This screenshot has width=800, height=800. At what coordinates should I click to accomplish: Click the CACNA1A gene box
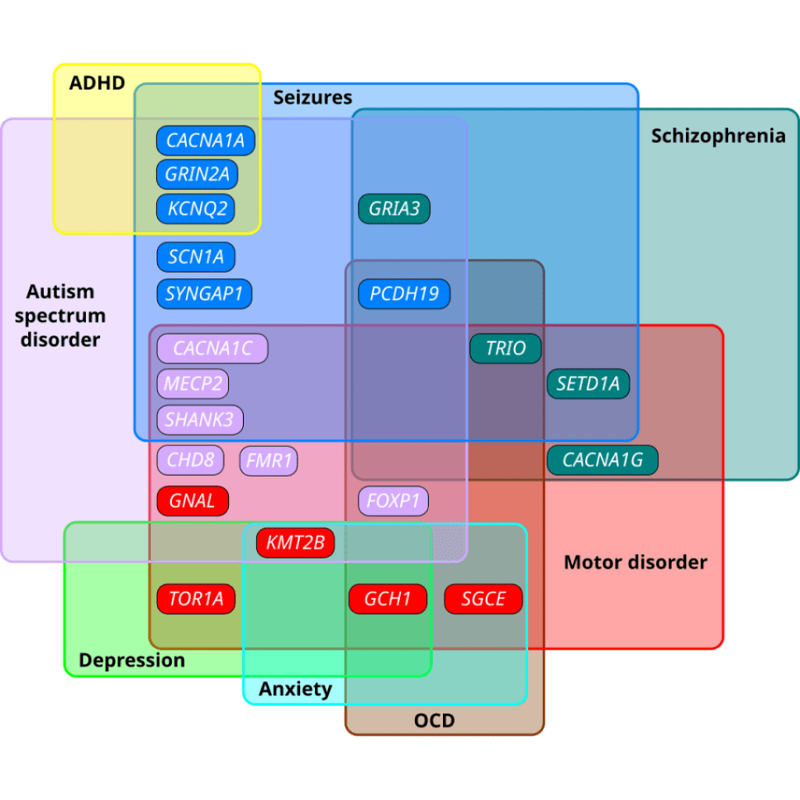(x=205, y=141)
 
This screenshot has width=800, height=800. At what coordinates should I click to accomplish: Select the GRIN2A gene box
(x=197, y=174)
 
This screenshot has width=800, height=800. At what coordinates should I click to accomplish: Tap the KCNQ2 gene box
(x=196, y=209)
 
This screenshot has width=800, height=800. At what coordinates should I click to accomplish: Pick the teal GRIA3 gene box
(x=394, y=209)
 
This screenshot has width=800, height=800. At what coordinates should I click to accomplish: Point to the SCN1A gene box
(x=196, y=256)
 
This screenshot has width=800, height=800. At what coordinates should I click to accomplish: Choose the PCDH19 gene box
(x=404, y=294)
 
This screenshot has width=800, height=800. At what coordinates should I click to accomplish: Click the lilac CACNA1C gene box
(x=212, y=348)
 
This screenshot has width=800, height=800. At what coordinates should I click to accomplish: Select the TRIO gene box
(x=505, y=348)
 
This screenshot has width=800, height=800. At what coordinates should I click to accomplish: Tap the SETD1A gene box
(x=588, y=384)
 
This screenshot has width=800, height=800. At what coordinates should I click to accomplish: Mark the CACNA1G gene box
(x=602, y=460)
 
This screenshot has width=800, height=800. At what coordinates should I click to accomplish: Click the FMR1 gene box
(x=269, y=461)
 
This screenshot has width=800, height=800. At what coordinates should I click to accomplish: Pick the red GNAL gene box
(x=192, y=501)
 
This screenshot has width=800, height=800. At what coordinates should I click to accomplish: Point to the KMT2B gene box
(x=295, y=542)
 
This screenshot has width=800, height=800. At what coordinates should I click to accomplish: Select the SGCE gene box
(x=483, y=598)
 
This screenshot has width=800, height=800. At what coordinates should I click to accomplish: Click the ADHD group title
(x=97, y=83)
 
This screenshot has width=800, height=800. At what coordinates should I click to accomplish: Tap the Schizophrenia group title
(x=719, y=136)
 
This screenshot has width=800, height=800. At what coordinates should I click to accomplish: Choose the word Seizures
(x=312, y=98)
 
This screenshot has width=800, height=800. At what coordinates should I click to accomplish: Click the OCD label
(x=434, y=720)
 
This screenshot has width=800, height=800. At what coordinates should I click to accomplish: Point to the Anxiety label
(x=295, y=689)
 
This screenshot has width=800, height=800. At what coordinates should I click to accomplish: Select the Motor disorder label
(x=636, y=562)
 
